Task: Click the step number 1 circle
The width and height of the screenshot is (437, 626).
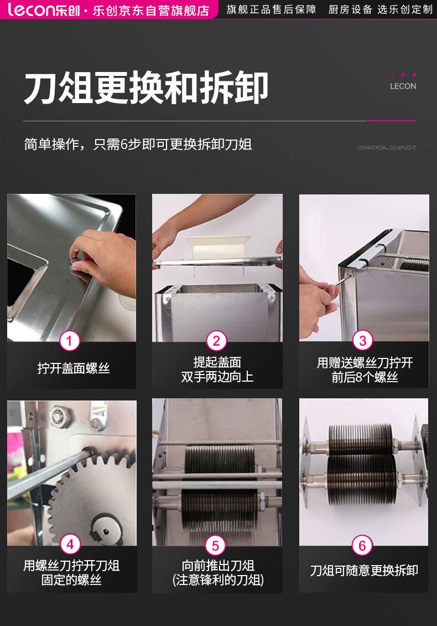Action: pos(69,341)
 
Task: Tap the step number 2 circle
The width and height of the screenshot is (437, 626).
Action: pos(216,341)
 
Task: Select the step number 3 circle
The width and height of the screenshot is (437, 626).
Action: pos(362,341)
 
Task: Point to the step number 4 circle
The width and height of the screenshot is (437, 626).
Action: pos(70,544)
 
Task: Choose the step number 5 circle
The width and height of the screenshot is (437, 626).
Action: pos(215,545)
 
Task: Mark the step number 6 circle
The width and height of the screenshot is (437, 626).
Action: pos(362,545)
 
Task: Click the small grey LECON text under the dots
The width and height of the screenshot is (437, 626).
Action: pos(403,86)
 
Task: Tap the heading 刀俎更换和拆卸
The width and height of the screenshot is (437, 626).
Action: pos(146,88)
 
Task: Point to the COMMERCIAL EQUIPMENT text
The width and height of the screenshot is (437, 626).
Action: pos(386,148)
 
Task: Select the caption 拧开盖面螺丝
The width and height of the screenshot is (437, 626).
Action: pos(74,368)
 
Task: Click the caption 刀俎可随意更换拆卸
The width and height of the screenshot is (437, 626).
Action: pos(364,571)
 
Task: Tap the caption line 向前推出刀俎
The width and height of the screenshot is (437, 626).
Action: pos(218,565)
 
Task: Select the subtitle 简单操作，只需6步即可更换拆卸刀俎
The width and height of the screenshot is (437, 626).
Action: pos(138,144)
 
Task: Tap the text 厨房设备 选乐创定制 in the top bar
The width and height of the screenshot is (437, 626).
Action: pos(381,9)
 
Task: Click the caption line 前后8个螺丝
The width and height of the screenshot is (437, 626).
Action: pos(365,377)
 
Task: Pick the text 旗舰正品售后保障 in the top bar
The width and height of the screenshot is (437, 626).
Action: pos(272,9)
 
